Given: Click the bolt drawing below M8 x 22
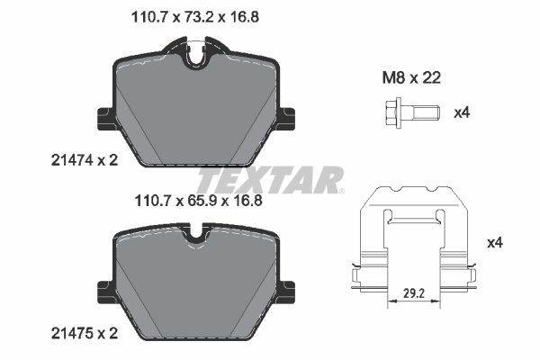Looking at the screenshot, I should point(404,113).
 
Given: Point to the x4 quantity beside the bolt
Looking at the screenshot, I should point(463,113).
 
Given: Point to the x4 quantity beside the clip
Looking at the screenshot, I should point(493,243).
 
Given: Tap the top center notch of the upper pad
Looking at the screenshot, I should point(198,57).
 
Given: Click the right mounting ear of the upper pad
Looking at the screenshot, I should point(289,117).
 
